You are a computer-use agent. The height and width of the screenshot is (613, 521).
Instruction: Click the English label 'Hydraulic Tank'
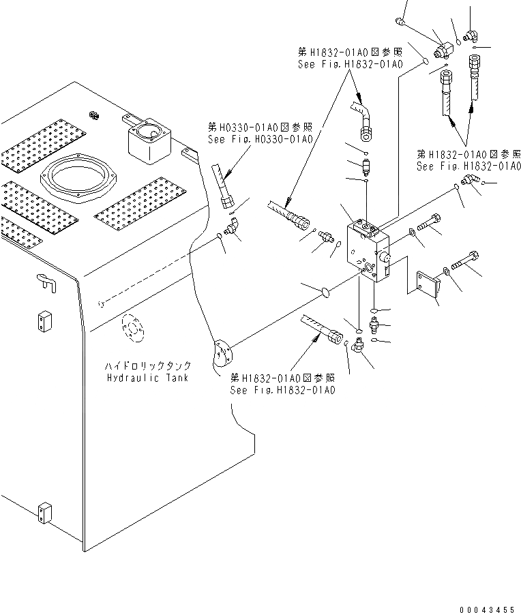tap(147, 377)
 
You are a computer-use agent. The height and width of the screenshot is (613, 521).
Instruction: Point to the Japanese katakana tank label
tap(148, 366)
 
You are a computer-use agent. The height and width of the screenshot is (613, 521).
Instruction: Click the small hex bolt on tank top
tap(93, 113)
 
